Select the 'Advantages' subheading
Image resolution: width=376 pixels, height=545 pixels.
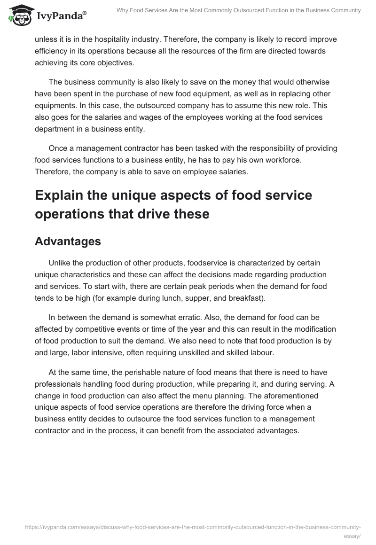pyautogui.click(x=68, y=241)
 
